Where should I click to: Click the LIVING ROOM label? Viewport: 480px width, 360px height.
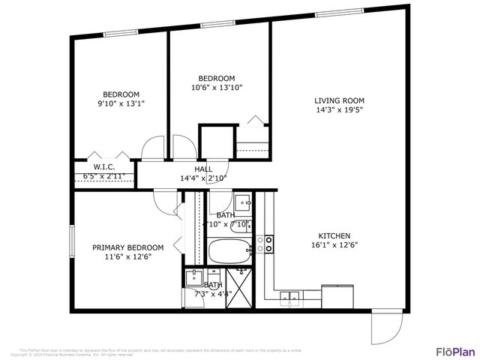339,99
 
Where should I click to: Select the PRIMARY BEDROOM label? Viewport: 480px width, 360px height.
127,247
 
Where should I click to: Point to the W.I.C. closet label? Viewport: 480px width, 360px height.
103,166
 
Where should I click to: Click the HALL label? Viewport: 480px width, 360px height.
203,169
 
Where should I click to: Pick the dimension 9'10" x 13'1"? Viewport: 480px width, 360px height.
121,103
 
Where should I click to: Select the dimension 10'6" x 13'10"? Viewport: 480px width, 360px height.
216,88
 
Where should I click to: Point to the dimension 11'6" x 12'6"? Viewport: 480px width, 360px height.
127,256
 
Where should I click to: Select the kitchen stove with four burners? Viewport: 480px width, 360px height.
265,244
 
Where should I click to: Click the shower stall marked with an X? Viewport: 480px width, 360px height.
241,286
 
